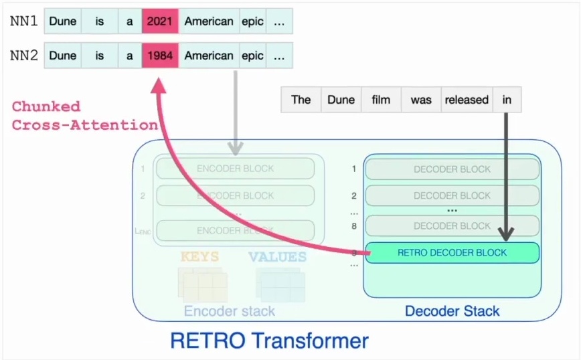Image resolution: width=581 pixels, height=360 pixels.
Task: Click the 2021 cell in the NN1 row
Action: (160, 21)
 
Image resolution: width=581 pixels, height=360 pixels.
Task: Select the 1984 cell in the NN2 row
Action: (160, 56)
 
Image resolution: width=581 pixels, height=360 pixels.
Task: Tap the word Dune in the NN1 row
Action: (63, 21)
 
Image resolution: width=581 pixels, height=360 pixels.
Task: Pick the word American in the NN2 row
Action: (209, 56)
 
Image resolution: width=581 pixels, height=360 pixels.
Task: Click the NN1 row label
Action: (23, 21)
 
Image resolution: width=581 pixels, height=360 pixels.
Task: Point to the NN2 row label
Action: (23, 56)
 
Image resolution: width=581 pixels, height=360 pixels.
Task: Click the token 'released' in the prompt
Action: (467, 100)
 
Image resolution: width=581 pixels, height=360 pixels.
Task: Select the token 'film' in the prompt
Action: (381, 100)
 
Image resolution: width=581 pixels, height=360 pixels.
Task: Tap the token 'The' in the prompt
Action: (301, 100)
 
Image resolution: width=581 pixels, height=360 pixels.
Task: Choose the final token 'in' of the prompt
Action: (507, 100)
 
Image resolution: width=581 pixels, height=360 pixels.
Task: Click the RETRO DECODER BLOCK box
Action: (452, 252)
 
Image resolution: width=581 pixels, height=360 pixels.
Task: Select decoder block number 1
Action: (452, 169)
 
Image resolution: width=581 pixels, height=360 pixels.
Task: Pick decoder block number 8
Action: (452, 226)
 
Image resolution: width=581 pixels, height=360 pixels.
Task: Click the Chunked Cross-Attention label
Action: (84, 115)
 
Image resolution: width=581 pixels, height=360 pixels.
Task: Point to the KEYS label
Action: (199, 256)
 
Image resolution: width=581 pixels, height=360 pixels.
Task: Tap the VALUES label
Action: (277, 256)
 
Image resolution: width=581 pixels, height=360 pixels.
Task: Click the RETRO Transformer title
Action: (269, 341)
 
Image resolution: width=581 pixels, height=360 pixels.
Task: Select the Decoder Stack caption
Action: (452, 311)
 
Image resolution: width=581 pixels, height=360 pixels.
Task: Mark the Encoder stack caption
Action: (230, 311)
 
